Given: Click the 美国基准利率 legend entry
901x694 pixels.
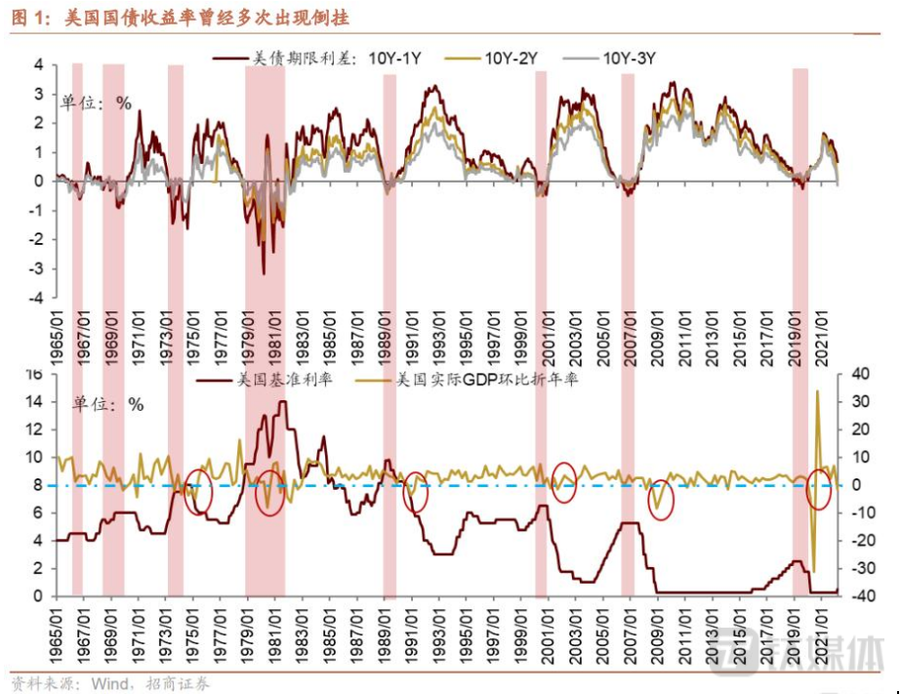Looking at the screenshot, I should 264,379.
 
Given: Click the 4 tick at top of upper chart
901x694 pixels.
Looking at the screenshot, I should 39,64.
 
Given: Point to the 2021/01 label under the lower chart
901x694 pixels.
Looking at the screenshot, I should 825,627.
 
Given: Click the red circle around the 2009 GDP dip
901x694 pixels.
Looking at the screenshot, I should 661,501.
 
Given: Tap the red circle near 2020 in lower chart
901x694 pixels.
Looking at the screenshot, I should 818,488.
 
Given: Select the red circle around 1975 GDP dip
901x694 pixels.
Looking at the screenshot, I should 198,491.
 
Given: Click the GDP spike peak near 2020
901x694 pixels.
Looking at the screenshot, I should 817,391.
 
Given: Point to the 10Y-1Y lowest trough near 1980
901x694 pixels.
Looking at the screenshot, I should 264,274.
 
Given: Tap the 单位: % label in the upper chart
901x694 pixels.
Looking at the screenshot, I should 97,102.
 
